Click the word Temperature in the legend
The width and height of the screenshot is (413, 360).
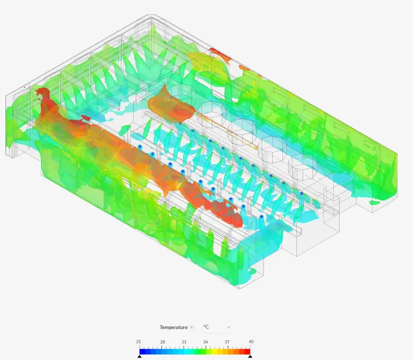(x=173, y=327)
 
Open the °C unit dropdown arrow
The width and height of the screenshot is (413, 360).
(x=229, y=327)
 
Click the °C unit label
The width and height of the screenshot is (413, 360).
(x=206, y=327)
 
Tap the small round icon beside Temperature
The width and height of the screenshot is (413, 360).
(x=192, y=327)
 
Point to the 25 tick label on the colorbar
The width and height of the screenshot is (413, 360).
(x=138, y=342)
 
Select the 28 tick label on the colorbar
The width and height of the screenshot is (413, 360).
(x=163, y=342)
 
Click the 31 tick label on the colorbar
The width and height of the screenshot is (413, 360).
(x=184, y=342)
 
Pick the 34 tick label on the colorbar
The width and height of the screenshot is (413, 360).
(x=206, y=342)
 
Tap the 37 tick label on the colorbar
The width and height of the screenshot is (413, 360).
(x=227, y=342)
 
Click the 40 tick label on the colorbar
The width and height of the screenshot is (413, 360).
(x=251, y=342)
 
